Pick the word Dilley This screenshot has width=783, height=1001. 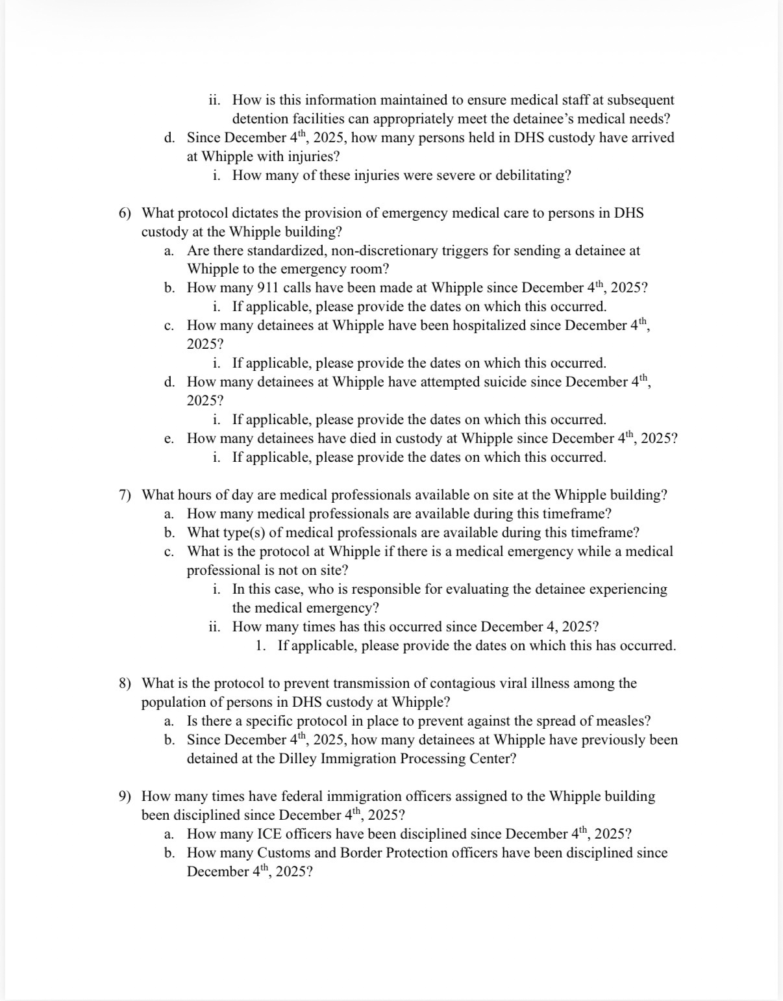300,759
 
